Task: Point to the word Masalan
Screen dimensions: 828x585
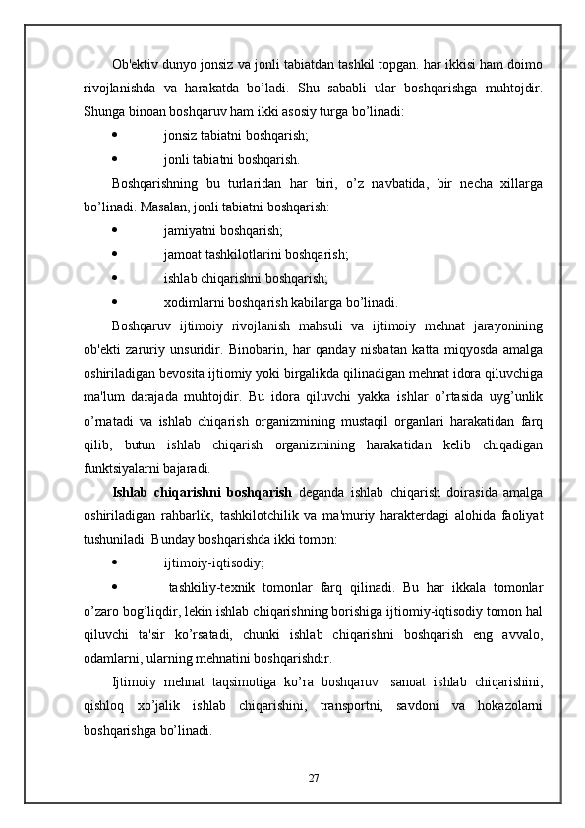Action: (160, 207)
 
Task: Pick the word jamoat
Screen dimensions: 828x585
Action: (184, 254)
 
